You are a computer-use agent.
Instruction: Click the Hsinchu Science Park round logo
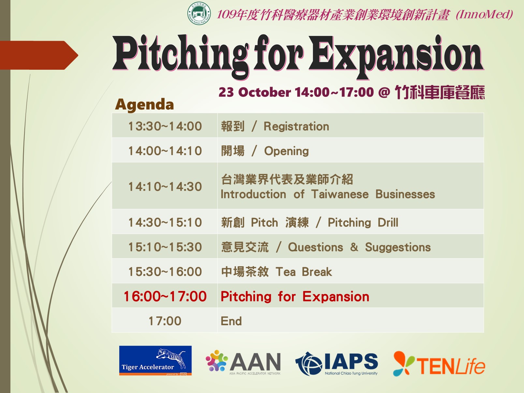click(x=199, y=14)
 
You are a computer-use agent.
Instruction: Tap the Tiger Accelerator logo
click(x=155, y=360)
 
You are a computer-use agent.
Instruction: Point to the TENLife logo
click(x=439, y=364)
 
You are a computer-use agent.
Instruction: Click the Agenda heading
click(x=144, y=105)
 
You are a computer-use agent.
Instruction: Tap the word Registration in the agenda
click(x=296, y=126)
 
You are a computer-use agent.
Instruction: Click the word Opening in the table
click(x=286, y=151)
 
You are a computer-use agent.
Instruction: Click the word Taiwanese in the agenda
click(x=340, y=194)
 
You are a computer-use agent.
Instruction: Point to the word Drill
click(x=388, y=222)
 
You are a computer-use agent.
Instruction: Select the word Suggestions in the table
click(x=398, y=247)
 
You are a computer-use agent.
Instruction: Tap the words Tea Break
click(x=304, y=272)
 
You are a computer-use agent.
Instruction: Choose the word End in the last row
click(x=231, y=321)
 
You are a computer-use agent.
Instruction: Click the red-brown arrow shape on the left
click(x=39, y=55)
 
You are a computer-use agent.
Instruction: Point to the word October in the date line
click(x=264, y=92)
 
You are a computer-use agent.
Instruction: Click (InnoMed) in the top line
click(x=484, y=14)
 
